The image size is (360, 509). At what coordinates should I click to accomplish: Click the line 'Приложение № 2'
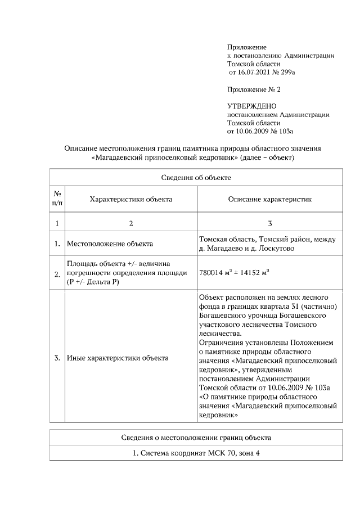(253, 89)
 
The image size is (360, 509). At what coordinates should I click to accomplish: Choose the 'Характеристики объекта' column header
(131, 199)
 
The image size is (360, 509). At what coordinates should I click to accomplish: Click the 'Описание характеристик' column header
(269, 199)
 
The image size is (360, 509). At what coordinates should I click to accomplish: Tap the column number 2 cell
(131, 223)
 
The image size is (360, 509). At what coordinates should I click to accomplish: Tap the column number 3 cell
(269, 223)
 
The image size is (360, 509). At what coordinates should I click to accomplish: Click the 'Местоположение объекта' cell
(110, 244)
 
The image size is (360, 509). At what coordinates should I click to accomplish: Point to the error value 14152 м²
(252, 272)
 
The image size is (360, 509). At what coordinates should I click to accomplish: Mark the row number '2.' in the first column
(57, 274)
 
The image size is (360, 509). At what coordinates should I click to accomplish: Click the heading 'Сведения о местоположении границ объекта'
(196, 437)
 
